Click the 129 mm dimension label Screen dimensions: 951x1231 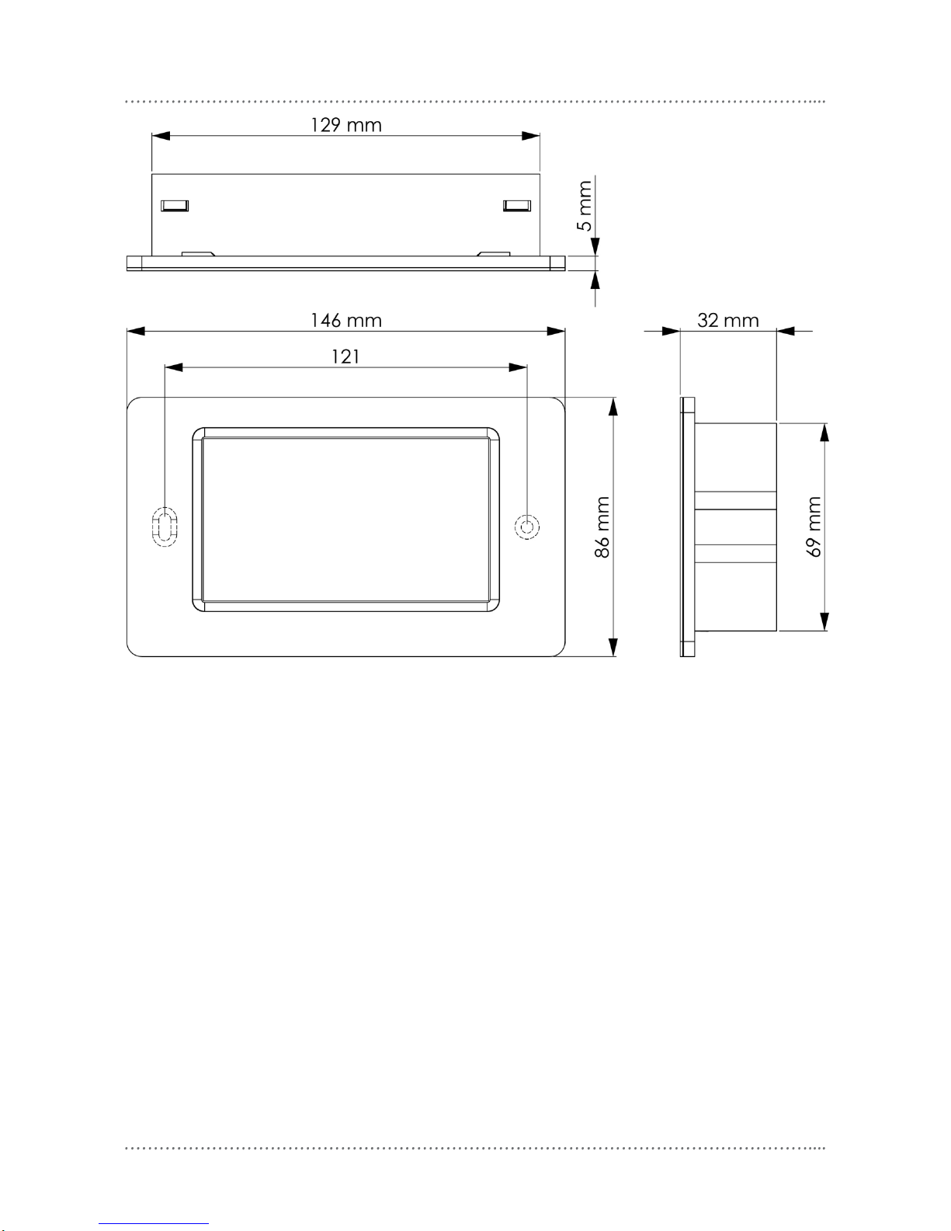point(346,124)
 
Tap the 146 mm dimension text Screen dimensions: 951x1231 point(346,320)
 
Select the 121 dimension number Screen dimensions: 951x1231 point(345,356)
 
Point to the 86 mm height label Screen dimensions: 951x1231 point(602,527)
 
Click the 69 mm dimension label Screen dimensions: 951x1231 point(814,527)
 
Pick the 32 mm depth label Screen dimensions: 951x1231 point(728,320)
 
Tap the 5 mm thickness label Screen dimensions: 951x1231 point(584,206)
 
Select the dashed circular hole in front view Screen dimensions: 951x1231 point(527,527)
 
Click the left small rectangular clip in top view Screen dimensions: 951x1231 point(175,206)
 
